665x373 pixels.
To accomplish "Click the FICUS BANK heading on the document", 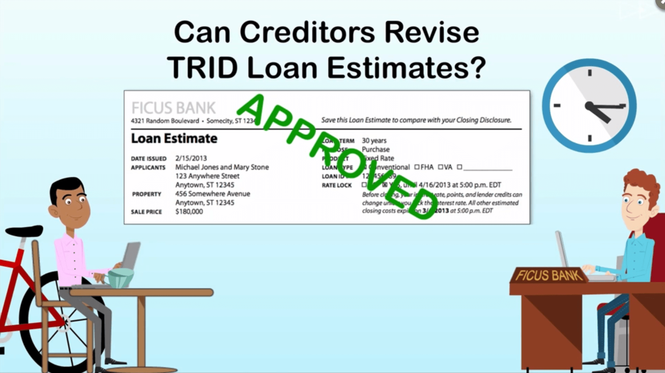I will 174,108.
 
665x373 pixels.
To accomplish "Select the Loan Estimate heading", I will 174,139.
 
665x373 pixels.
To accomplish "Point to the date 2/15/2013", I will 191,158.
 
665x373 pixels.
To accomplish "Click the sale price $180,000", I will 189,212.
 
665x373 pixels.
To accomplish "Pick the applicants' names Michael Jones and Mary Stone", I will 222,167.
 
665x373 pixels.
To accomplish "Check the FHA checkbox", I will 417,167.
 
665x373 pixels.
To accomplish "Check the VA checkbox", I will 440,167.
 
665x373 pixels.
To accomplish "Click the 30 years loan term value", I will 374,141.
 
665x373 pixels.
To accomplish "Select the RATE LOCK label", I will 337,185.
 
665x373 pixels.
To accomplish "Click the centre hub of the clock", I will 589,106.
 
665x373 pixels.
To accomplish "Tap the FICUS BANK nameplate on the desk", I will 549,276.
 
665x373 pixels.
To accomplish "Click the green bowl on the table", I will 120,278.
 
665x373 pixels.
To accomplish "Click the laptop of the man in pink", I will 131,255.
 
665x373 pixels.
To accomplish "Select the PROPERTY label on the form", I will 146,194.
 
